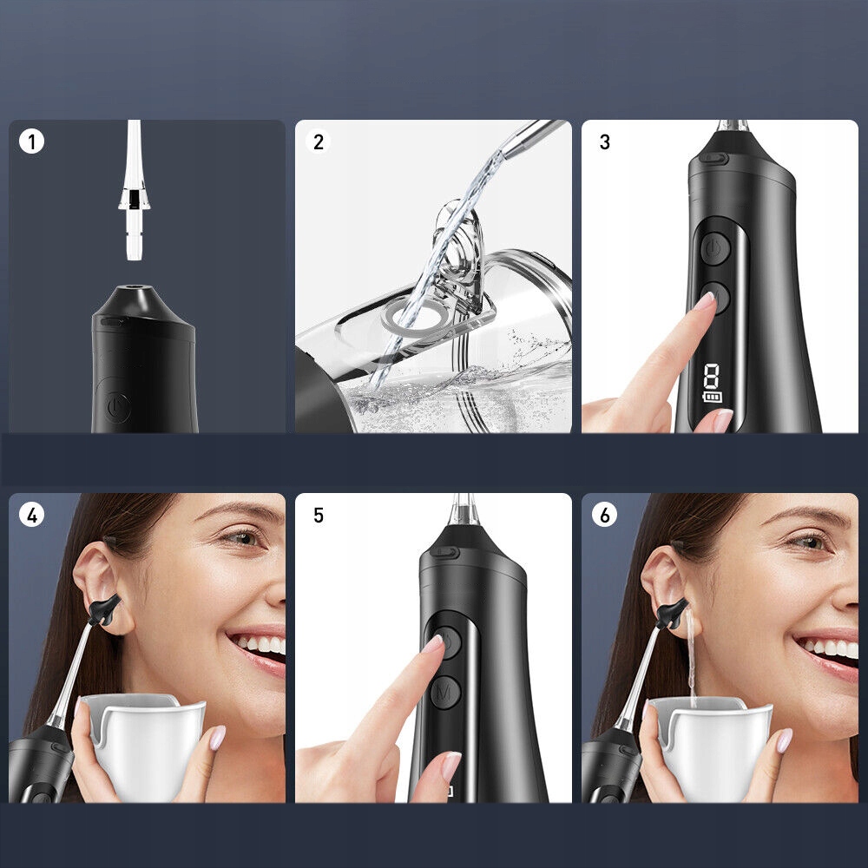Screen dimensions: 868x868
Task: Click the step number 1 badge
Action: tap(31, 141)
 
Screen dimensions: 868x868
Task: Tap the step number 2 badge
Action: tap(319, 141)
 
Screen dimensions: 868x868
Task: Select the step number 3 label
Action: tap(604, 141)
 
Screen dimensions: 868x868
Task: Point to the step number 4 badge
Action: tap(31, 516)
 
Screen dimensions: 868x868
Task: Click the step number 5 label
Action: tap(319, 516)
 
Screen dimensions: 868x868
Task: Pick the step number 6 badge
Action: tap(604, 516)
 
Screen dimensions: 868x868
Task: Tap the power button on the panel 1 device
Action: tap(118, 408)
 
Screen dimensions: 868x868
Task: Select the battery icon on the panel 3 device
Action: tap(713, 397)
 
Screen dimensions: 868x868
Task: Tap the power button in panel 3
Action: tap(715, 248)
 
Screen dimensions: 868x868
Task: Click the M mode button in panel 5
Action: tap(445, 692)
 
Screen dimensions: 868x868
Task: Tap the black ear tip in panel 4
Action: tap(106, 609)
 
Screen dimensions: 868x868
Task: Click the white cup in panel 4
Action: tap(144, 744)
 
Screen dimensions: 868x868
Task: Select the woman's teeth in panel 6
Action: tap(829, 648)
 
